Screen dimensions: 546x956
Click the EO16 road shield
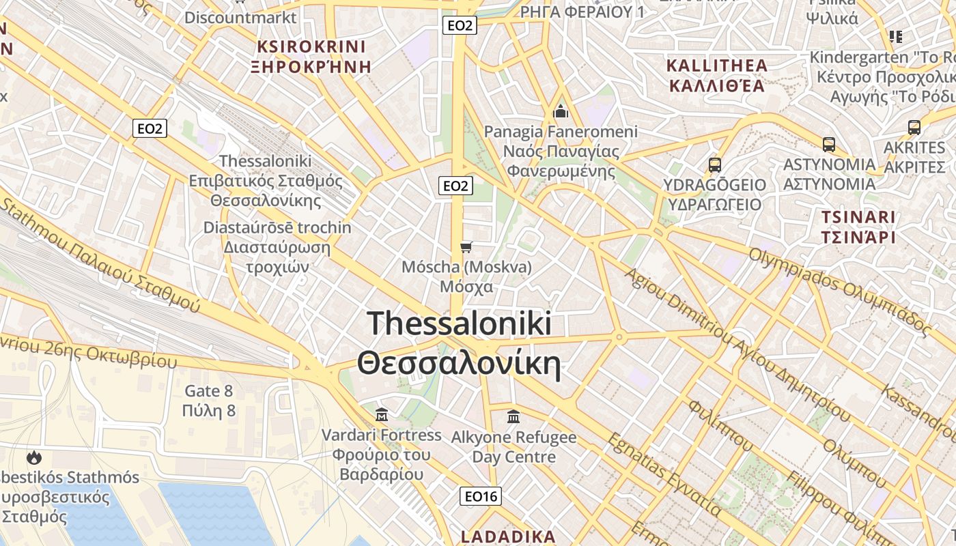(481, 496)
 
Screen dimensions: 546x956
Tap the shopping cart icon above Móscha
(466, 246)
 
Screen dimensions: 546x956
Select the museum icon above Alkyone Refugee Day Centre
(514, 416)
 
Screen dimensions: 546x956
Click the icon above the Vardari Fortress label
(382, 414)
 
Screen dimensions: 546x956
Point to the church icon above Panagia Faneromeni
(561, 111)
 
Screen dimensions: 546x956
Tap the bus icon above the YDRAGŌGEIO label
(715, 164)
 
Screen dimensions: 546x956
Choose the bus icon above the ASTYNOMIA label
(829, 144)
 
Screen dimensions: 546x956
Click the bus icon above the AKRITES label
(914, 127)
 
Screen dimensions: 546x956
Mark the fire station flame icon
(33, 457)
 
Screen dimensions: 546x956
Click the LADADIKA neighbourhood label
(509, 536)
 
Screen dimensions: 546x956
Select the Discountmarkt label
(240, 17)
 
